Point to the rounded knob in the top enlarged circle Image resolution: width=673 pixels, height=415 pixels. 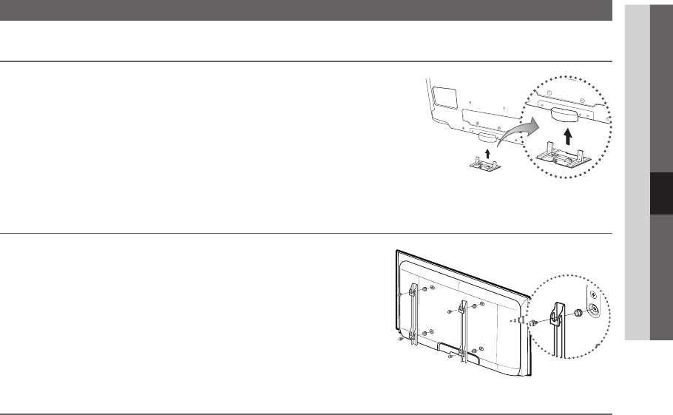pyautogui.click(x=565, y=112)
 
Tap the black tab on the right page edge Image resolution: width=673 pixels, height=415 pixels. pyautogui.click(x=660, y=194)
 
